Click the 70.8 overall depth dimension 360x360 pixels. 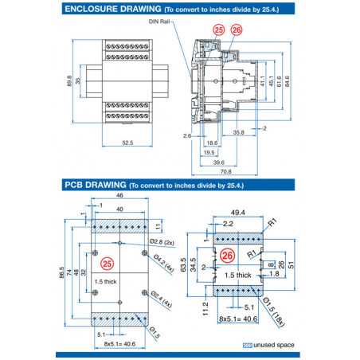point(225,171)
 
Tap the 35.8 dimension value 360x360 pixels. point(239,132)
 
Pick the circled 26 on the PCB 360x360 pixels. point(227,256)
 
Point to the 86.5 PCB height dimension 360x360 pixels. point(61,271)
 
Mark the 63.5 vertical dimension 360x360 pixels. point(182,263)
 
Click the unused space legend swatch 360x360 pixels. point(247,345)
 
